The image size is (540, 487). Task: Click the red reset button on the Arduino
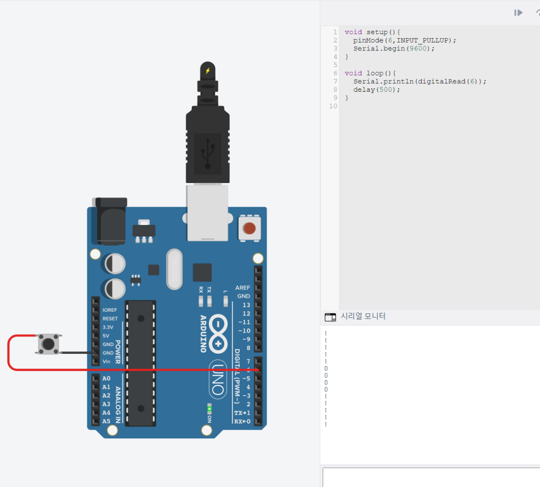click(249, 228)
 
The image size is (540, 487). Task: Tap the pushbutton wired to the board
click(49, 343)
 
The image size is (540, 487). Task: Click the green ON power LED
click(210, 409)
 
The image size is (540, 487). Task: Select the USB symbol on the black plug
click(207, 153)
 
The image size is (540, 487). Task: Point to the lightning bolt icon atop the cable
click(207, 71)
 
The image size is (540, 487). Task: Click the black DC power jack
click(111, 221)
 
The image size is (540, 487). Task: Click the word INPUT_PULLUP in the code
click(424, 40)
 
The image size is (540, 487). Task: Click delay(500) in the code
click(377, 90)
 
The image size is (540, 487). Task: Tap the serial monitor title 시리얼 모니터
click(363, 316)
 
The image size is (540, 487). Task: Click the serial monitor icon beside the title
click(330, 317)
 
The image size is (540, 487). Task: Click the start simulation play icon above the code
click(519, 12)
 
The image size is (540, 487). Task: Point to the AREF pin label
click(243, 288)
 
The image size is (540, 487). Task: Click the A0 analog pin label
click(106, 378)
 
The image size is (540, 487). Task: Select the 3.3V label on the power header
click(108, 327)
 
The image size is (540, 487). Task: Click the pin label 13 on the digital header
click(246, 305)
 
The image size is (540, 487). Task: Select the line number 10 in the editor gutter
click(334, 106)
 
